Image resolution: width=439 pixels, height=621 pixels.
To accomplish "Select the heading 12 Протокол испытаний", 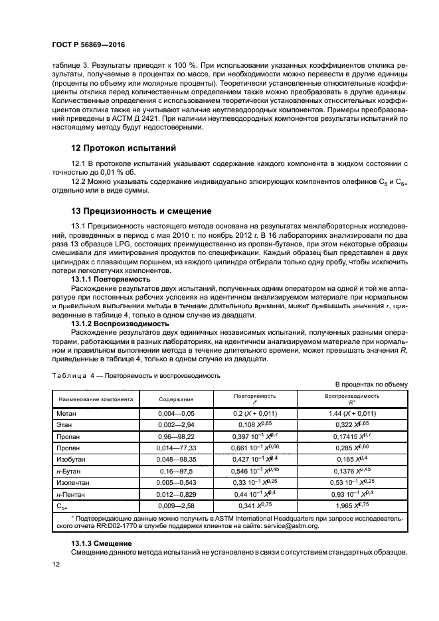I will point(124,147).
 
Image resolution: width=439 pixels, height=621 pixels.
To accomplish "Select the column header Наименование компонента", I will point(96,400).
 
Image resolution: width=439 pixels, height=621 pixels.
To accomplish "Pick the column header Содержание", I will point(176,400).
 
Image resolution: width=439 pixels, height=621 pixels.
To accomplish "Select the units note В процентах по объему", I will point(371,385).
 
